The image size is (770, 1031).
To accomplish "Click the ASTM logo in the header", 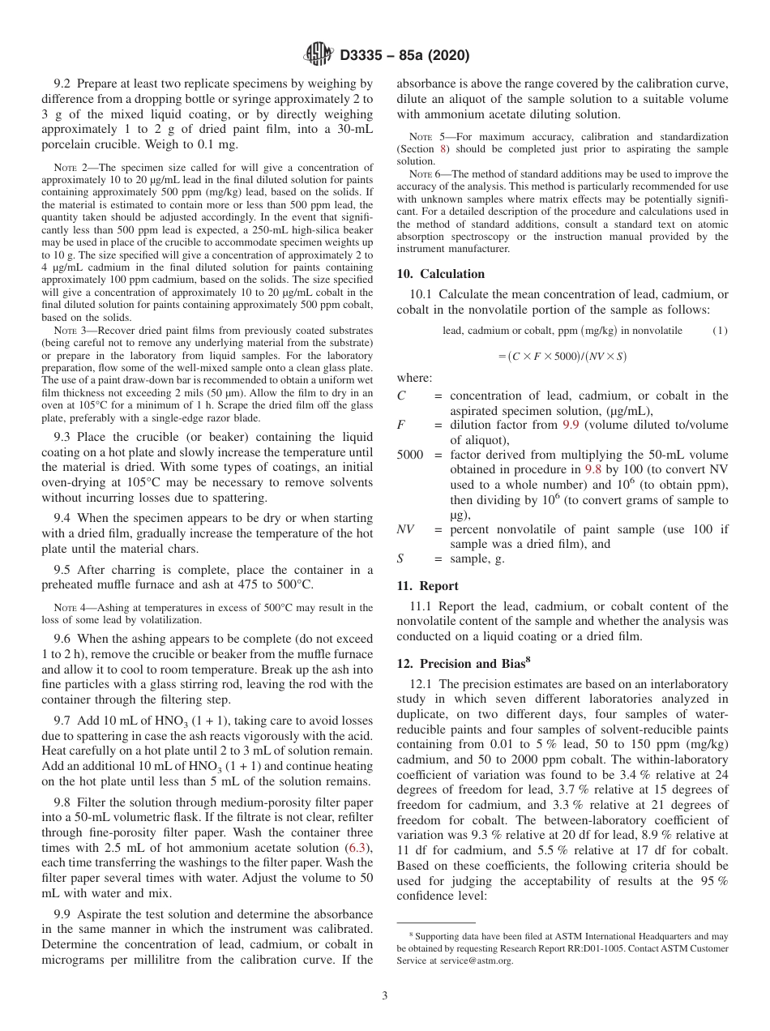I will tap(318, 55).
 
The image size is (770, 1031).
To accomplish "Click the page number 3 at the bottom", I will tap(385, 996).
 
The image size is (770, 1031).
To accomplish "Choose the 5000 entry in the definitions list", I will tap(410, 456).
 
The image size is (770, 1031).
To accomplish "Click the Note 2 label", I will tap(69, 169).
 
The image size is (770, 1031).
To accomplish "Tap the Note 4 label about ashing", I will tap(69, 608).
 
